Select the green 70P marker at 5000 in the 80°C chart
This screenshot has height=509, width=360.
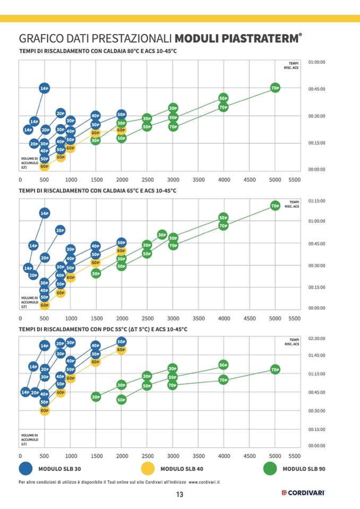point(275,88)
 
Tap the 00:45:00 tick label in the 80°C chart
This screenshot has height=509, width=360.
point(316,89)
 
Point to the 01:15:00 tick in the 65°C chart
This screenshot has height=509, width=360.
point(316,201)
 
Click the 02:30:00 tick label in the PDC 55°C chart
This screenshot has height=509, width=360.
point(316,338)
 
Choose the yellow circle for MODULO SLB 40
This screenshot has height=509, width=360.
point(148,469)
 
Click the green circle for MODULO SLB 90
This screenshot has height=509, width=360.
point(270,469)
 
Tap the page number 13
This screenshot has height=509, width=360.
point(180,495)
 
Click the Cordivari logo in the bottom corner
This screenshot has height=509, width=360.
point(303,493)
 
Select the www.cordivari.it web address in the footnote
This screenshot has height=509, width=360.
point(204,482)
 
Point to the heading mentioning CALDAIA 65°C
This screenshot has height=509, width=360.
point(98,190)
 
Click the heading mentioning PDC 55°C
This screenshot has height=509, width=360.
point(103,329)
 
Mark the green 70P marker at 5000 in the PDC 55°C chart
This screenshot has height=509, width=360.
point(275,369)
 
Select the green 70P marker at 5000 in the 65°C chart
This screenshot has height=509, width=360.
point(275,205)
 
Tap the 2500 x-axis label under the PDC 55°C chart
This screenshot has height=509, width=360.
point(148,456)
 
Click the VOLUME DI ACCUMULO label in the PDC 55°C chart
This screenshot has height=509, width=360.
point(29,439)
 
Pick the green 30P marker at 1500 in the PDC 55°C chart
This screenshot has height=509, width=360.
point(96,396)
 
